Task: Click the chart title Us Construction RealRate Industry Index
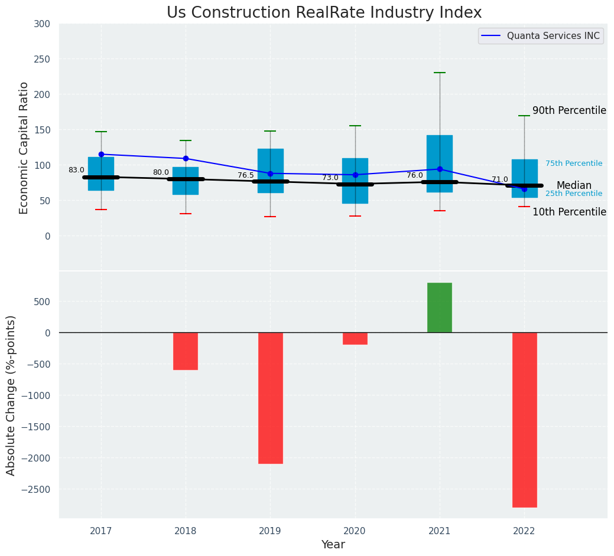click(324, 13)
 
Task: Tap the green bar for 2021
click(440, 308)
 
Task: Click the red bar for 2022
click(524, 419)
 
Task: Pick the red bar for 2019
click(271, 398)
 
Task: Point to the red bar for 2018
click(186, 351)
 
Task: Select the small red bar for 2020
click(355, 338)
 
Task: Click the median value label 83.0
click(76, 170)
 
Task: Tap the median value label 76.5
click(246, 175)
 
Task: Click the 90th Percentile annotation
click(569, 110)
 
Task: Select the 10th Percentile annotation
click(569, 212)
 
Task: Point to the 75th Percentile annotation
click(574, 163)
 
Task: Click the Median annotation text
click(574, 185)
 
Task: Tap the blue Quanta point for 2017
click(101, 154)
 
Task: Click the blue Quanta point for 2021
click(440, 169)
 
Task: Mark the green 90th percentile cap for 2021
click(440, 73)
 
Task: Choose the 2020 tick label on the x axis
click(355, 531)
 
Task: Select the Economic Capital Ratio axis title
click(24, 148)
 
